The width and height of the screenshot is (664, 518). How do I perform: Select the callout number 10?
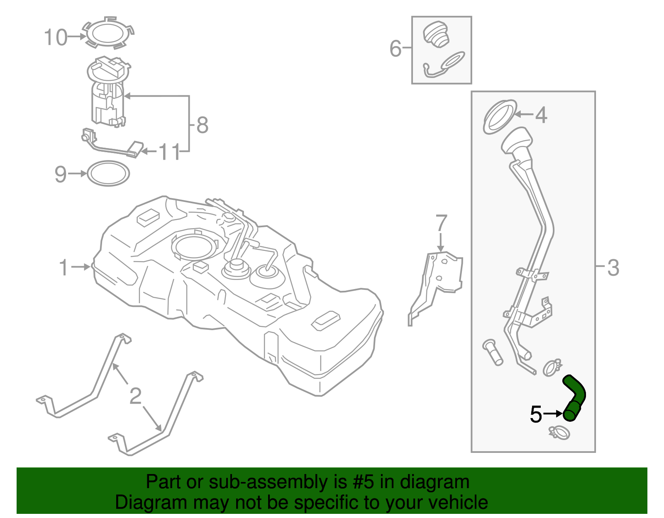(56, 37)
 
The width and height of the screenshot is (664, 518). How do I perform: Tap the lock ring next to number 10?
(109, 33)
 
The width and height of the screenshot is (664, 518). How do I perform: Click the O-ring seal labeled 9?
(108, 173)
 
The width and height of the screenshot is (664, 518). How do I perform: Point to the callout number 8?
(202, 125)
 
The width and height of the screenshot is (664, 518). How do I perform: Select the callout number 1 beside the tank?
(63, 268)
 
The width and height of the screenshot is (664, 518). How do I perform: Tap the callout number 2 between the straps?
(135, 396)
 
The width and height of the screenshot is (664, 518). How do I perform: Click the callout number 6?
(395, 49)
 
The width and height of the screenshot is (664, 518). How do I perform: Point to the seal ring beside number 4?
(500, 117)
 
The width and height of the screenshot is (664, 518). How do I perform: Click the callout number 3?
(613, 268)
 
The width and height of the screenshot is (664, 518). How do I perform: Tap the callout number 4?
(541, 115)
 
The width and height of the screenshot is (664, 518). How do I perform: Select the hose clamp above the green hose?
(552, 367)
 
